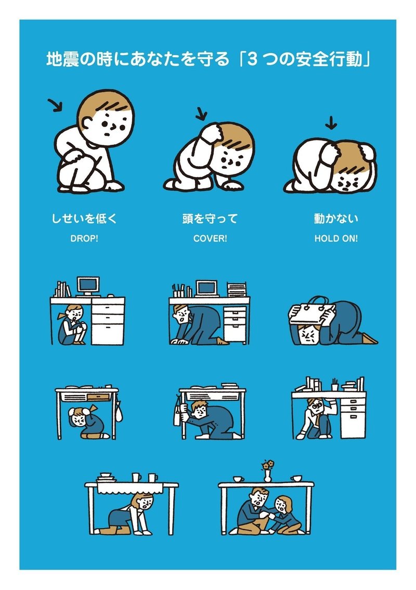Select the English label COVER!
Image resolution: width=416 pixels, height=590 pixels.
click(x=210, y=240)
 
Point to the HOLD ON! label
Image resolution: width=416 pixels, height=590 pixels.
click(x=335, y=240)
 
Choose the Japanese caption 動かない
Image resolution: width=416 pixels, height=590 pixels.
click(x=335, y=219)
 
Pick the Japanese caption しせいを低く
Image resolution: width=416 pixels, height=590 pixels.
click(x=84, y=219)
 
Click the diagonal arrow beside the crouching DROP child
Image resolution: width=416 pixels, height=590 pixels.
click(x=55, y=106)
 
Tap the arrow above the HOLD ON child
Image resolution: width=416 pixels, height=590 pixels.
click(x=330, y=123)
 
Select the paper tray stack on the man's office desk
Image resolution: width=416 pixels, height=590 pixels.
click(x=238, y=289)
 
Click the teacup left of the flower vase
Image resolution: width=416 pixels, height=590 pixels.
click(x=239, y=479)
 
